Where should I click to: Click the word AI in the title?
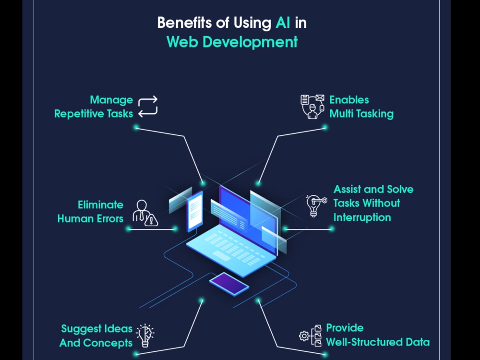283,23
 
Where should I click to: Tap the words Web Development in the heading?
232,42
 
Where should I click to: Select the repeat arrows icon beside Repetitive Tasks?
148,107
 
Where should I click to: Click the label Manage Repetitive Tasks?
94,107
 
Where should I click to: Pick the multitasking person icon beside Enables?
312,107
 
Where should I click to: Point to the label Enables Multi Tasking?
361,107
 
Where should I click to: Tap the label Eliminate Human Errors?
90,212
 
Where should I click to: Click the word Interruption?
362,217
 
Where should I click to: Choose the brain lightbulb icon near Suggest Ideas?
145,336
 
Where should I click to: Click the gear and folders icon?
311,336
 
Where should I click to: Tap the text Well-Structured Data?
378,342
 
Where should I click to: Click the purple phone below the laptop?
229,284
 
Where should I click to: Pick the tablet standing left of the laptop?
195,212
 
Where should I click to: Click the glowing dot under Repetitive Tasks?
136,127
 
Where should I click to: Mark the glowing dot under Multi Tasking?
325,127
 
